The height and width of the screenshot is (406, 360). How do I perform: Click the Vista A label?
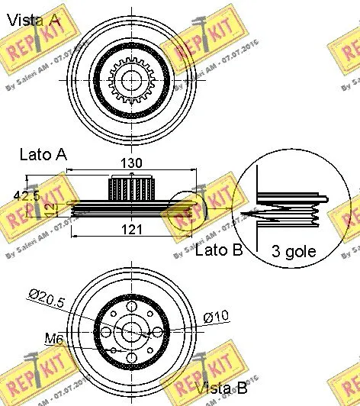click(33, 21)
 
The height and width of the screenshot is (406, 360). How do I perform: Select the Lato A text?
click(43, 154)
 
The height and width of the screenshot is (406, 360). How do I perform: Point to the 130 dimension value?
click(131, 162)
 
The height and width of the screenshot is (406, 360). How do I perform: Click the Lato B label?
click(219, 250)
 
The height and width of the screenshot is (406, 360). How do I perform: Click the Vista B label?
click(220, 389)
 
